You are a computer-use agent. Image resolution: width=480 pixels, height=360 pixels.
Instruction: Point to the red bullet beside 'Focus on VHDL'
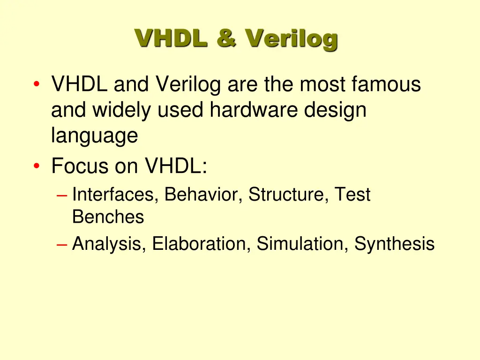pos(37,166)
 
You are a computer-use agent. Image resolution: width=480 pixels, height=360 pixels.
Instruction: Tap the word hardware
pos(253,110)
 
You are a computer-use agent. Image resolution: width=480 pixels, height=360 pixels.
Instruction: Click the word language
pos(94,136)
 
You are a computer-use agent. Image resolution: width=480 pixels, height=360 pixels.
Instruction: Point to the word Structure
pos(287,195)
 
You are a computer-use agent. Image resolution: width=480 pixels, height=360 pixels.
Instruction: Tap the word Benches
pos(108,217)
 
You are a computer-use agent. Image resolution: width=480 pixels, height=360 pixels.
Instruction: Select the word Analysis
pos(109,244)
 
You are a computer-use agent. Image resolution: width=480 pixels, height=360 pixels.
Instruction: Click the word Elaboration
pos(201,244)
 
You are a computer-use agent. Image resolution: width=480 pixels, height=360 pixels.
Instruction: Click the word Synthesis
pos(394,245)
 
